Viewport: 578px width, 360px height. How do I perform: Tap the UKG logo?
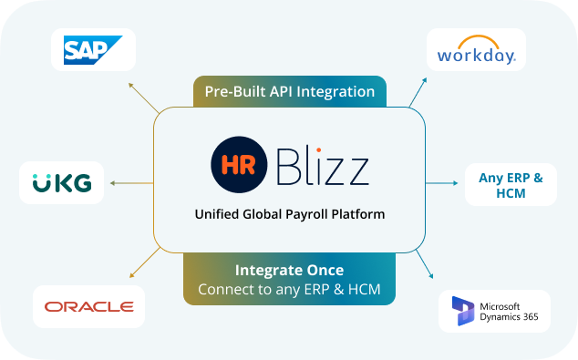click(62, 182)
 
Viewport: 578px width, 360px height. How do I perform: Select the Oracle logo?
click(88, 306)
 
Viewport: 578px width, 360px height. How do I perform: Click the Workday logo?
click(476, 52)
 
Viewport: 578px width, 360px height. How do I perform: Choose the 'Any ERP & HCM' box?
click(511, 184)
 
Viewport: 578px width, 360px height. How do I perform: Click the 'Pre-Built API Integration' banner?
click(289, 92)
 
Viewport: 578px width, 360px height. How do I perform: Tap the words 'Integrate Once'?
click(289, 271)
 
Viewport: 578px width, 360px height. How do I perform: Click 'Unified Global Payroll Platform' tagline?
click(289, 215)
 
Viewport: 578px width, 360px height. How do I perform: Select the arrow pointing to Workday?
click(417, 92)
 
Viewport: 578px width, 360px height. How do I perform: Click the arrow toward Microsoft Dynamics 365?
click(426, 265)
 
